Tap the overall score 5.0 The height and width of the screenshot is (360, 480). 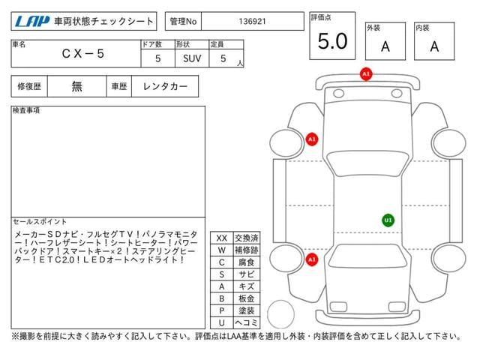(x=332, y=41)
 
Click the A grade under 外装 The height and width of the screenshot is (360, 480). (x=385, y=46)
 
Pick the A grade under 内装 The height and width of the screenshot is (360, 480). (x=434, y=46)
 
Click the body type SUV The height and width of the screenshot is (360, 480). (x=191, y=57)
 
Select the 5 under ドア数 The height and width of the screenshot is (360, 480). (x=157, y=57)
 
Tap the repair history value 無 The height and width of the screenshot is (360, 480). (x=76, y=86)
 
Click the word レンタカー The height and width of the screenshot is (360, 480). (x=164, y=86)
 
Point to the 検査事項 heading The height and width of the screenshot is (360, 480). (x=27, y=110)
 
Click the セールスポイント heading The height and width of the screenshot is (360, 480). (x=37, y=222)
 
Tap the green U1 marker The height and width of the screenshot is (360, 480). (x=388, y=220)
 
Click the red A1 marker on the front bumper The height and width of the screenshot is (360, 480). (x=366, y=74)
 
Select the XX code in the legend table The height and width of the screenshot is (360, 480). (x=221, y=238)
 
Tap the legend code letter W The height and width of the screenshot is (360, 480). (x=221, y=250)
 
